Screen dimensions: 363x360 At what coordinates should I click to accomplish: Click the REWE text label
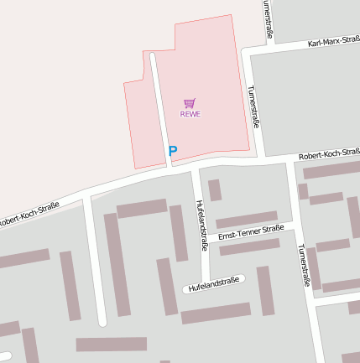[190, 114]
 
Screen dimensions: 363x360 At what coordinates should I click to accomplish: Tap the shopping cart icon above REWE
[189, 103]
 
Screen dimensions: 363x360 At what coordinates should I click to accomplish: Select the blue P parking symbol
[173, 151]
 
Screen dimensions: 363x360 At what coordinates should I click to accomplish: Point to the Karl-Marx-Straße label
[333, 41]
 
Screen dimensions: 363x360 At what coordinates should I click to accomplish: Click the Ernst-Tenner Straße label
[250, 233]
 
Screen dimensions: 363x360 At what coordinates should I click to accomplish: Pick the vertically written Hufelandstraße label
[201, 225]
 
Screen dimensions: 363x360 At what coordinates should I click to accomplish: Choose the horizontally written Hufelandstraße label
[214, 286]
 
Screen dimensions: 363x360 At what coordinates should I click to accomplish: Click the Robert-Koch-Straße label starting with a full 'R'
[328, 154]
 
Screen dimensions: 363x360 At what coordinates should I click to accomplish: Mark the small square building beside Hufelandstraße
[215, 190]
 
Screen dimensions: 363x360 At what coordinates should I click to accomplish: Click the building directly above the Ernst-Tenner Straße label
[247, 220]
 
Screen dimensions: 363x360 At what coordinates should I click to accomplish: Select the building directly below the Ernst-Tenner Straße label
[249, 246]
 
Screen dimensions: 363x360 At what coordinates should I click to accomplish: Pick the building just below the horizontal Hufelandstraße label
[216, 314]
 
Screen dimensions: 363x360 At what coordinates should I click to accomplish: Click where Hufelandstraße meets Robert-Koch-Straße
[195, 169]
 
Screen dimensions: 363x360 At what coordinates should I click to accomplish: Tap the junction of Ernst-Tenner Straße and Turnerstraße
[294, 226]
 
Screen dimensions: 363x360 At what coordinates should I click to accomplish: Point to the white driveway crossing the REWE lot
[159, 109]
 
